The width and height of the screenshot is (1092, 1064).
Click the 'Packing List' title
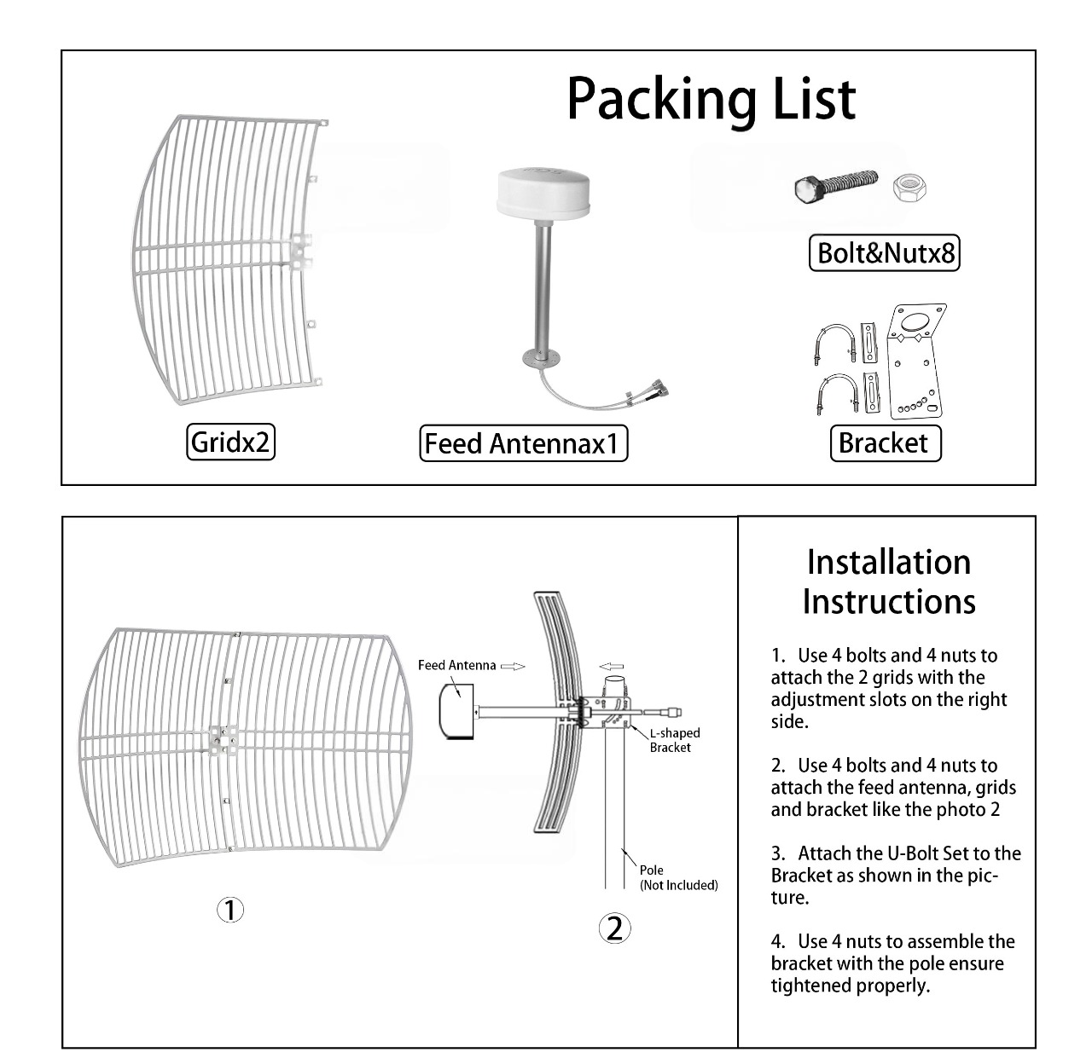pos(711,100)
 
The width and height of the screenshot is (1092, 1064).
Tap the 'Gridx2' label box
pos(230,442)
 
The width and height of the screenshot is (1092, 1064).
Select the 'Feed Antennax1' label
pos(524,443)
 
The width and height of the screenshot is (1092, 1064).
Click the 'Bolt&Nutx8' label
pos(885,253)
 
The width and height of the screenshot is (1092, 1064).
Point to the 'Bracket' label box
pos(886,443)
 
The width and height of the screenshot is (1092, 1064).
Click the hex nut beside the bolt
pos(909,188)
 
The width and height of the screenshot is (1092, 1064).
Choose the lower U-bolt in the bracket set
pos(836,394)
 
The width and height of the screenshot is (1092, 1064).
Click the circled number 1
pos(230,910)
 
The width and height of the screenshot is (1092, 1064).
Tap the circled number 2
pos(614,928)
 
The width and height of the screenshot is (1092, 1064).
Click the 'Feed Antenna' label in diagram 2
pos(456,665)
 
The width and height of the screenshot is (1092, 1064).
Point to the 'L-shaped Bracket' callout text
pos(675,740)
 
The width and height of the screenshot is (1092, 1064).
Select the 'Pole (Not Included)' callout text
pos(678,877)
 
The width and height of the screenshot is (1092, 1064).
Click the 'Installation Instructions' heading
pos(889,581)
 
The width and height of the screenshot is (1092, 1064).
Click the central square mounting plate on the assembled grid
pos(224,740)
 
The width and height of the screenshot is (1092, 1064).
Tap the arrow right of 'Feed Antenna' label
pos(513,667)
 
